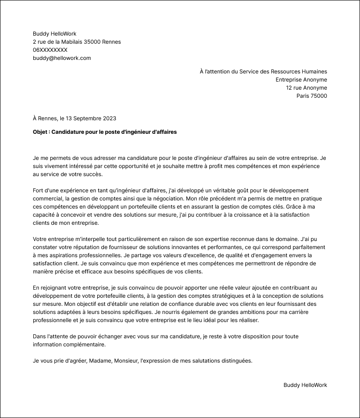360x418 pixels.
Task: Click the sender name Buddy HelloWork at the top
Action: click(x=54, y=34)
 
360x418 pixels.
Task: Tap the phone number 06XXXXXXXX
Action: click(x=50, y=50)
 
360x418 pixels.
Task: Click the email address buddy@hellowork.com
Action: click(x=62, y=58)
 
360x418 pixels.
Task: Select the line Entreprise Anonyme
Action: click(x=301, y=80)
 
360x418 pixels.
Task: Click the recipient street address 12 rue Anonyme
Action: click(x=306, y=88)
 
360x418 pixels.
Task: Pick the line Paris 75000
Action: click(x=311, y=96)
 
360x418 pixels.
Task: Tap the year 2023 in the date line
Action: click(x=109, y=118)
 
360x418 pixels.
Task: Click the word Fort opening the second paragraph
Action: click(x=39, y=191)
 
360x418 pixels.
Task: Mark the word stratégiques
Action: click(x=248, y=296)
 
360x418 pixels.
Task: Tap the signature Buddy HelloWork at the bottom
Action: click(x=305, y=385)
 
